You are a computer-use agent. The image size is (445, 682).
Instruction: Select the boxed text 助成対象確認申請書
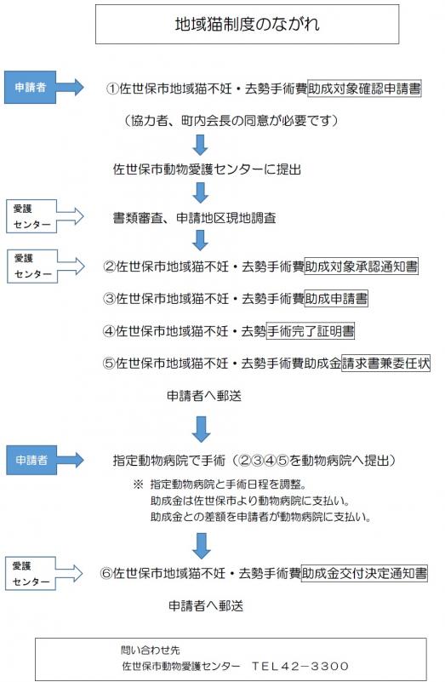pos(364,88)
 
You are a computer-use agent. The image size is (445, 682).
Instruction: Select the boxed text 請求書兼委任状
pos(386,362)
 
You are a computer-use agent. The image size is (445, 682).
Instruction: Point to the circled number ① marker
pos(112,89)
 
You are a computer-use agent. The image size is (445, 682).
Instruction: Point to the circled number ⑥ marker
pos(107,574)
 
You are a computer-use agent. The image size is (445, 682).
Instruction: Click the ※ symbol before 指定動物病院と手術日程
pos(137,484)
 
